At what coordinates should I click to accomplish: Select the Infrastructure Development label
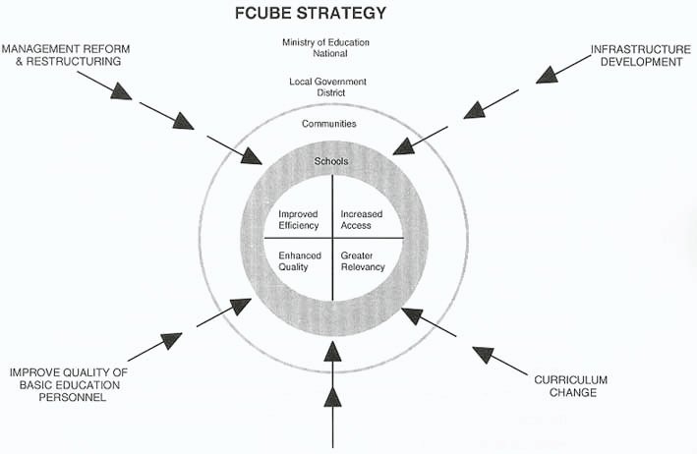636,54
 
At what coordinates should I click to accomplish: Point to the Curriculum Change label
572,386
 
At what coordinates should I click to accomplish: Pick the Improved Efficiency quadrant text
299,219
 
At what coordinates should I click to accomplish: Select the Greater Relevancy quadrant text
363,260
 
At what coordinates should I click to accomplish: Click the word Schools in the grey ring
331,161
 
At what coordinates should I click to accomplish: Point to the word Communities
329,124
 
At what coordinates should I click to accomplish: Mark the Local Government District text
329,87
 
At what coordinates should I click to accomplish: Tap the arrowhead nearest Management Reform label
120,90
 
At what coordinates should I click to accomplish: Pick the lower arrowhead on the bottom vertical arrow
333,395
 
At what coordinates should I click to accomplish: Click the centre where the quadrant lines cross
332,238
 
